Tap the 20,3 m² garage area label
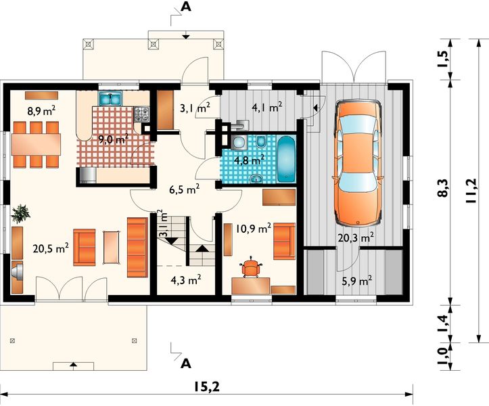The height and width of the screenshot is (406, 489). coord(356,238)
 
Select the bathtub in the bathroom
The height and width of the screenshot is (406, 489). coord(286,160)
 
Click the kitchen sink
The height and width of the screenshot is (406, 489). coord(110,98)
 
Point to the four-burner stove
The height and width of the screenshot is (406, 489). coord(141,114)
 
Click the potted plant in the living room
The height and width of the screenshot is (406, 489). coord(20,214)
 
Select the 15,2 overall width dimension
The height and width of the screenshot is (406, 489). coord(206,387)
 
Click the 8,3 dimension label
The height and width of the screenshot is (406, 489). coord(444,187)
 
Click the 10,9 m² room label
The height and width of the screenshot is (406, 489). coord(253,229)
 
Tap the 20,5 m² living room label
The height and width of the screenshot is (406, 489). coord(51,249)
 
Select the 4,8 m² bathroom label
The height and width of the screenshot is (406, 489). coord(249,160)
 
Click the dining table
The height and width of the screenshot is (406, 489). coord(36,144)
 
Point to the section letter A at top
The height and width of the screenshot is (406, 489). coord(186,7)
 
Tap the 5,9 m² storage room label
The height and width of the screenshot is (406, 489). coord(356,281)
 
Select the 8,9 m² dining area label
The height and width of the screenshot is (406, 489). coord(41,111)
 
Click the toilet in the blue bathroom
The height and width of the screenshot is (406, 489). coord(260,141)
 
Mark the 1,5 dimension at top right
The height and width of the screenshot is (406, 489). coord(444,59)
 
